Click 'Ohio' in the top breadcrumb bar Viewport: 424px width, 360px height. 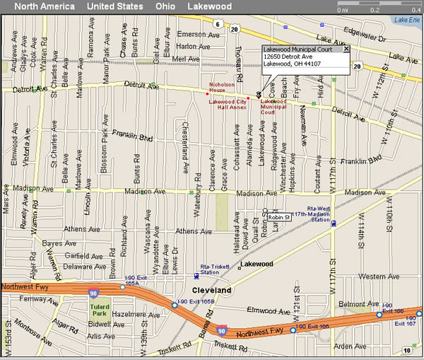tap(166, 6)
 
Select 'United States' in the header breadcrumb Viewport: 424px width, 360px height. tap(114, 6)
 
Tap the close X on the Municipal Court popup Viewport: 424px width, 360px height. tap(346, 49)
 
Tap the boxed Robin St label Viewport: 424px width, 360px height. tap(279, 217)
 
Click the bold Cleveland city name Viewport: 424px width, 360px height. tap(213, 291)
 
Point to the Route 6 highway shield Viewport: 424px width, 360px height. tap(217, 24)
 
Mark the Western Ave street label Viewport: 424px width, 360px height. tap(374, 276)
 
